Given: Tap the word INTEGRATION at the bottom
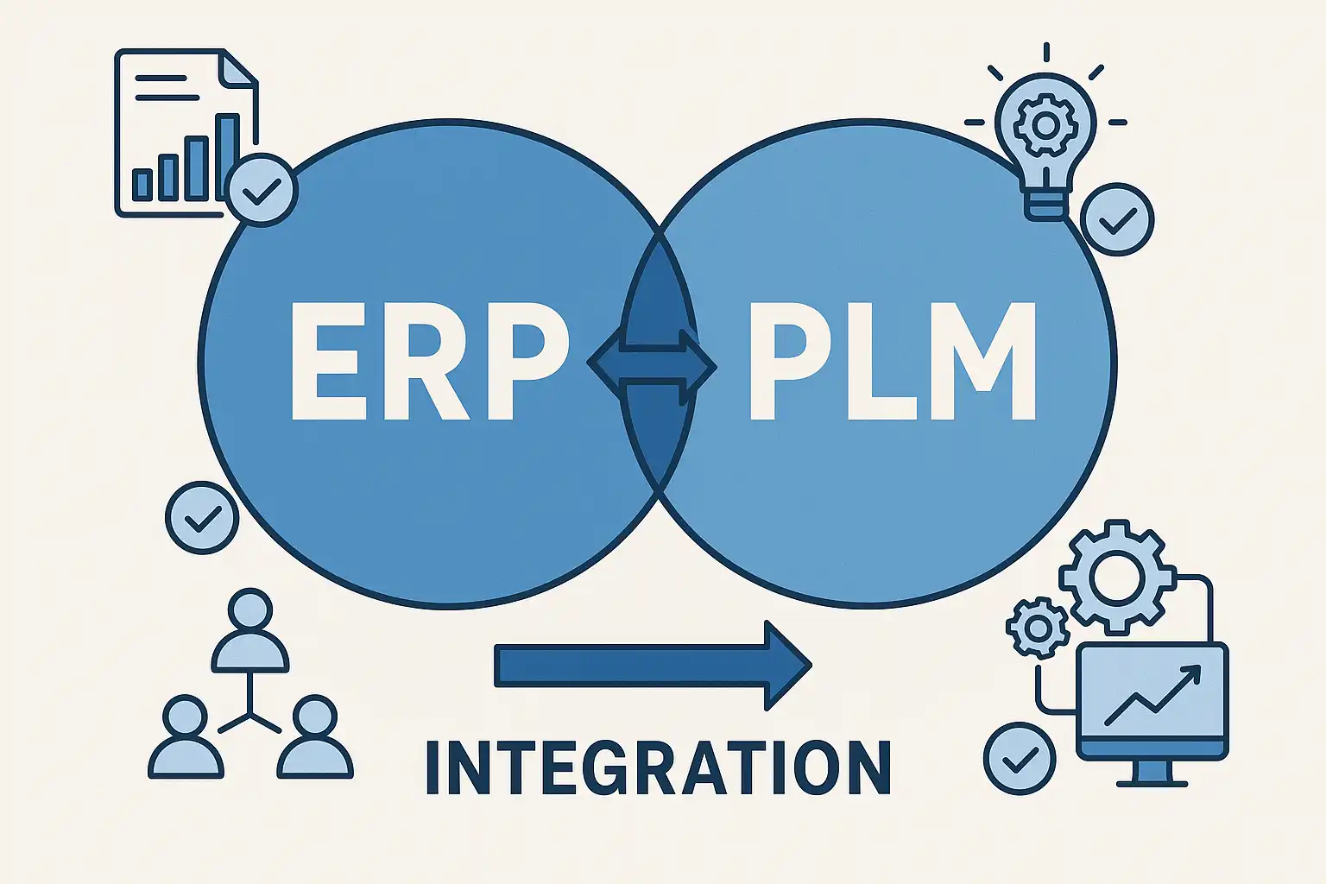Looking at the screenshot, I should (x=658, y=767).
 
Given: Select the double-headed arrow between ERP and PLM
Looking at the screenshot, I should (x=652, y=365).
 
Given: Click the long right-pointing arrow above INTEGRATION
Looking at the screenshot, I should (x=652, y=666).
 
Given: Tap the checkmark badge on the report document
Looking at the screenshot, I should (x=262, y=190).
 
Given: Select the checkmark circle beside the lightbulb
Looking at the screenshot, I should (x=1117, y=219).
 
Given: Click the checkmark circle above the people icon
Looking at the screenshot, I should (x=201, y=517).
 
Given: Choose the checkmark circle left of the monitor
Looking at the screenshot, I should (x=1020, y=758).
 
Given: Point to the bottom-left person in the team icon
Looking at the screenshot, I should (x=186, y=739).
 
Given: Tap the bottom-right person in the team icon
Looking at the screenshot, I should (x=315, y=739).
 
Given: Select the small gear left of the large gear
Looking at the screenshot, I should (x=1038, y=627).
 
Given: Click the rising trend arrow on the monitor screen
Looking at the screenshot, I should (x=1152, y=694).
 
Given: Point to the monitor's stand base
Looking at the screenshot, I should (x=1152, y=781).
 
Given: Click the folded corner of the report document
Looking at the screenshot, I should (x=239, y=67).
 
